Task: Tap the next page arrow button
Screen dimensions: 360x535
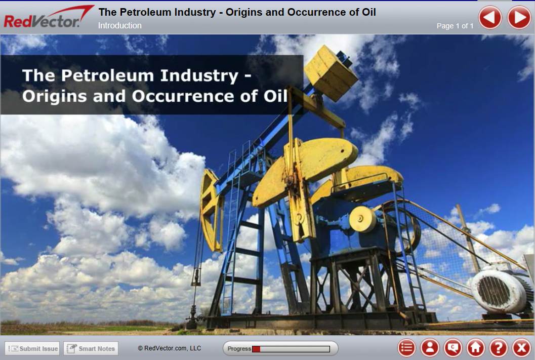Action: pos(519,18)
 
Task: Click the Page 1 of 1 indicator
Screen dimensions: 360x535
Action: pos(455,26)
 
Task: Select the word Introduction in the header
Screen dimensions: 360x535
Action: pos(120,25)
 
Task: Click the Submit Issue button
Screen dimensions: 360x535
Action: pos(32,348)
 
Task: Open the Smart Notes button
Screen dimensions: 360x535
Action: pos(91,348)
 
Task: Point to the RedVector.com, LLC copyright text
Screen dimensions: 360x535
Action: pos(170,348)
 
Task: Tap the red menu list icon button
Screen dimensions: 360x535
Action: pos(406,348)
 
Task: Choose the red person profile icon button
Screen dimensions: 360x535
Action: pos(430,348)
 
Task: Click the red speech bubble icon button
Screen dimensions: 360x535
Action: pos(453,348)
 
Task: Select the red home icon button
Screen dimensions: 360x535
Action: pos(476,348)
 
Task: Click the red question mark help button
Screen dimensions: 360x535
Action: pos(499,348)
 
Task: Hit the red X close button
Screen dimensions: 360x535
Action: pos(521,348)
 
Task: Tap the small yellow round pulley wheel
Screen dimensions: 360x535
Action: pos(362,219)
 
